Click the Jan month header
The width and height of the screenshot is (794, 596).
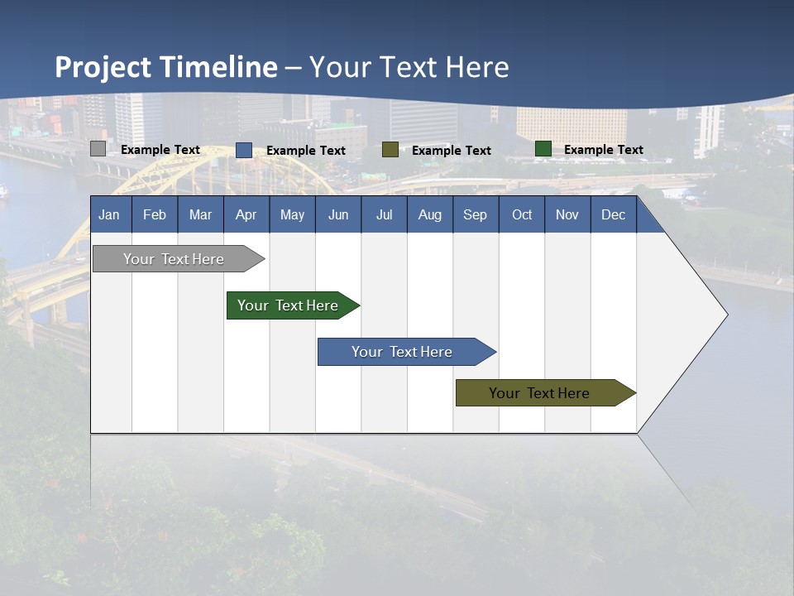110,214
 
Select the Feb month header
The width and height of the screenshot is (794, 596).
155,214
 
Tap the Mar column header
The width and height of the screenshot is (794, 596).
200,214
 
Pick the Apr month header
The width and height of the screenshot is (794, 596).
246,214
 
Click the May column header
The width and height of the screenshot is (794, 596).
292,214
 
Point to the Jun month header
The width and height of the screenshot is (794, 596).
338,214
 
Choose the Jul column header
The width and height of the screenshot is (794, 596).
384,214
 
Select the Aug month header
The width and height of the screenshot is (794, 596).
430,214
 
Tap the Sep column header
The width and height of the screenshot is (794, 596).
476,214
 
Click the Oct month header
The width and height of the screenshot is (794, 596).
522,214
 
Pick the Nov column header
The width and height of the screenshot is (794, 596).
567,214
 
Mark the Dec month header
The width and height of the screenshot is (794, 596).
614,214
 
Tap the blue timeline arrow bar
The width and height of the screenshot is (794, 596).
403,352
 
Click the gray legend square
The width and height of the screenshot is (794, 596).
98,149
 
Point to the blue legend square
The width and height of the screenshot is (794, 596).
244,150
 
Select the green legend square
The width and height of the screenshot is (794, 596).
543,149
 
